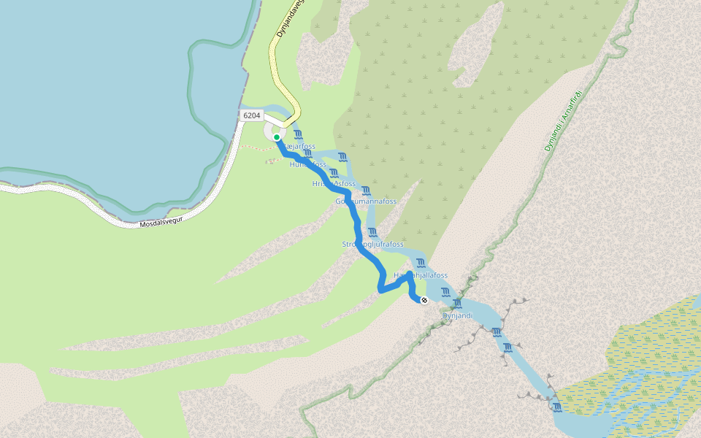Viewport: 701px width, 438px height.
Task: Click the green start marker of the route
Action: point(277,137)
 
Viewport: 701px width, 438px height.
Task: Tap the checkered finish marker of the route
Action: point(424,300)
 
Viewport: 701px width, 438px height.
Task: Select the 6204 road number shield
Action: point(252,115)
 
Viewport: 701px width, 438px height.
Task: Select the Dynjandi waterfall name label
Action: point(458,315)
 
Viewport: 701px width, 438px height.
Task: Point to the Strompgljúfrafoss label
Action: point(372,244)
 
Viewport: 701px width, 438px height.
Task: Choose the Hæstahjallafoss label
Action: point(421,275)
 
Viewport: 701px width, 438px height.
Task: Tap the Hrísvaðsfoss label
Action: point(334,184)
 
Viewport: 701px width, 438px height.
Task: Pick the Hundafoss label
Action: point(307,165)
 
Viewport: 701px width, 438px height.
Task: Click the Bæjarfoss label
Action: point(298,147)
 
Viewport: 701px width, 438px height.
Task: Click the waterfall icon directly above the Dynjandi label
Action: point(458,303)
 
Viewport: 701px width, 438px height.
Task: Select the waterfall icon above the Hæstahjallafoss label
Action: point(421,263)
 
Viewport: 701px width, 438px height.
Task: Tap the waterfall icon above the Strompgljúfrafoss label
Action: point(373,232)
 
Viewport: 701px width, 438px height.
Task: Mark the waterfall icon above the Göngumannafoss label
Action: point(366,190)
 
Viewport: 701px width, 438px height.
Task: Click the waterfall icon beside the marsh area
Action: point(557,407)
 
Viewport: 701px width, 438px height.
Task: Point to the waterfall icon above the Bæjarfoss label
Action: point(298,134)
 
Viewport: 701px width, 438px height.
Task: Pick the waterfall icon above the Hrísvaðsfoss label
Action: point(334,172)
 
